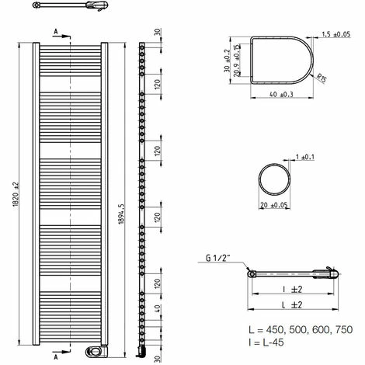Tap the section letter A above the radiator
point(56,33)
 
